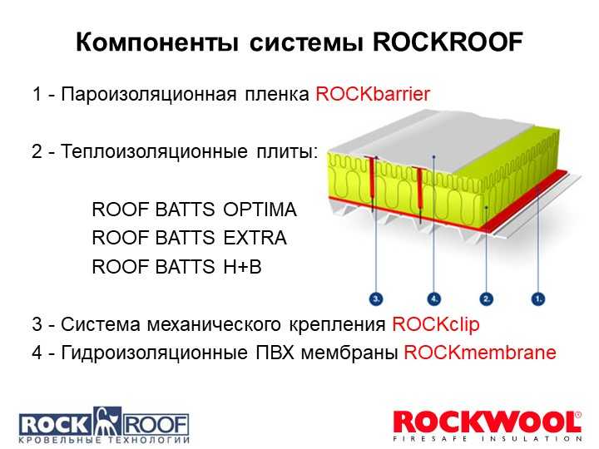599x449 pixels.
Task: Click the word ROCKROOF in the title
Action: [448, 42]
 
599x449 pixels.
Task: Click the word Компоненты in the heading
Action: [157, 42]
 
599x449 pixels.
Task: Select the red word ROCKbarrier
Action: [373, 93]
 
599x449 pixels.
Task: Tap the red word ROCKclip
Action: [435, 324]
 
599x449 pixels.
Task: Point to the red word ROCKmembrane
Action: [480, 352]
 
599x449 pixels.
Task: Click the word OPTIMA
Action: [260, 210]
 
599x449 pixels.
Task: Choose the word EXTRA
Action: [255, 238]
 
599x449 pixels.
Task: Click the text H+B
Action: [242, 266]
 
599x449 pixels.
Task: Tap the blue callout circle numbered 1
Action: [538, 299]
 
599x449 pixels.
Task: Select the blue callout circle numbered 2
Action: [486, 299]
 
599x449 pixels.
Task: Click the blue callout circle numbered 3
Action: [376, 299]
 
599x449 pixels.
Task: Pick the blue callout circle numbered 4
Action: [433, 299]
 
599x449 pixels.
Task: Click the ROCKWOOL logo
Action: [487, 426]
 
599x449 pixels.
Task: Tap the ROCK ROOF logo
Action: [104, 426]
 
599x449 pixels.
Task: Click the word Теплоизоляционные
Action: [154, 151]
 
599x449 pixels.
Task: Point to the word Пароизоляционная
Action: [149, 94]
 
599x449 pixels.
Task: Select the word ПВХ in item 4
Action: [275, 352]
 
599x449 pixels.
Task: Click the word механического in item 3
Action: [214, 324]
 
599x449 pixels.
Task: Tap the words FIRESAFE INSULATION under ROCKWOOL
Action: [487, 439]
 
